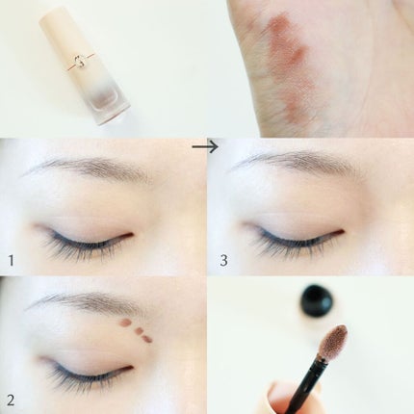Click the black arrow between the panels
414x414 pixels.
tap(205, 147)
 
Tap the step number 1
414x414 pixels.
tap(12, 260)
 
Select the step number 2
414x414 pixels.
tap(11, 401)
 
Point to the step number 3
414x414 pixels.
tap(223, 260)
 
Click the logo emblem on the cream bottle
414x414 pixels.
tap(80, 61)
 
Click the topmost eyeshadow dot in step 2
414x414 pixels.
tap(126, 323)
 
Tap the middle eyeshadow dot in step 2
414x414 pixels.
tap(140, 330)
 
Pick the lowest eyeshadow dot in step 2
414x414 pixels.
tap(147, 338)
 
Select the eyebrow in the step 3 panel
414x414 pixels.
tap(296, 161)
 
